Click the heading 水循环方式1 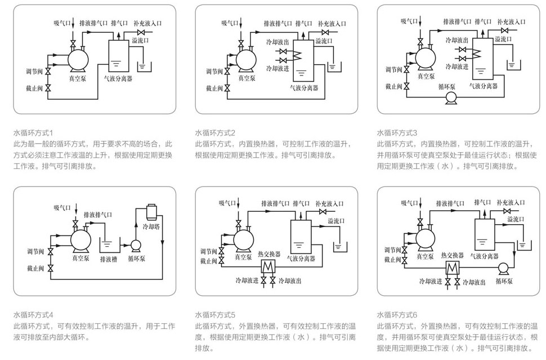tap(33, 133)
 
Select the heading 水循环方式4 tap(33, 315)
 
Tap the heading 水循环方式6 tap(397, 315)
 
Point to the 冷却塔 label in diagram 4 tap(153, 226)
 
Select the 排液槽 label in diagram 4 tap(109, 260)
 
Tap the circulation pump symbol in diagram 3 tap(451, 97)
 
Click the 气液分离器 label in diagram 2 tap(304, 88)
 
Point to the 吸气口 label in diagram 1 tap(62, 23)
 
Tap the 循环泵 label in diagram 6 tap(504, 280)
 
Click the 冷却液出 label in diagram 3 tap(457, 41)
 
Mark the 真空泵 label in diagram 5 tap(243, 257)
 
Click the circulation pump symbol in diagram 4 tap(135, 245)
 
